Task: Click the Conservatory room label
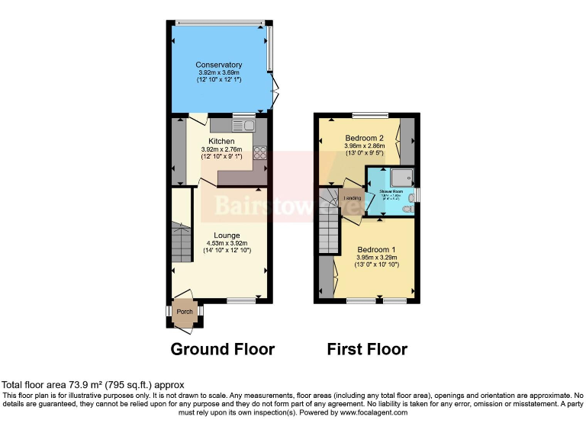pos(218,65)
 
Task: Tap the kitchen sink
pos(243,123)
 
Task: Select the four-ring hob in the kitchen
pos(259,152)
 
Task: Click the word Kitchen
pos(221,141)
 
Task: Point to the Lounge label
pos(227,235)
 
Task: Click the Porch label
pos(184,312)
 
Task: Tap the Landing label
pos(353,198)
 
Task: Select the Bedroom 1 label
pos(376,249)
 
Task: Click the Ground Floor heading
pos(222,350)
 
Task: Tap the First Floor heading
pos(367,350)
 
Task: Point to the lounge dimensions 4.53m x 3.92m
pos(227,243)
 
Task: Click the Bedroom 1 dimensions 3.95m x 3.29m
pos(376,258)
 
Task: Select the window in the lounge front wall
pos(240,300)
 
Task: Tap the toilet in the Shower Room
pos(411,207)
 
